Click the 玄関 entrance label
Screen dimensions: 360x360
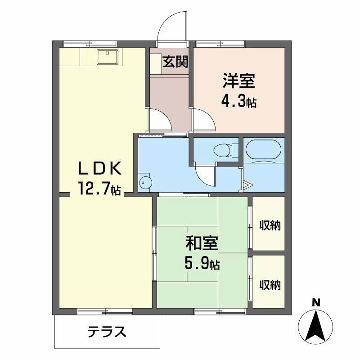(x=175, y=61)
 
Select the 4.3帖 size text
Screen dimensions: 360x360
(x=239, y=100)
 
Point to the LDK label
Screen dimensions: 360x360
(x=99, y=170)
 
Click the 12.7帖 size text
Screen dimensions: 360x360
(x=99, y=188)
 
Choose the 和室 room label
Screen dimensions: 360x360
(x=202, y=244)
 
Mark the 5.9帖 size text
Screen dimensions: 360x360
(x=202, y=264)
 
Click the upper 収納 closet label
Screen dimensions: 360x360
(x=270, y=226)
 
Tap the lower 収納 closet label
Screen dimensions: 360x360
(x=270, y=285)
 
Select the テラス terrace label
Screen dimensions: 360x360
(x=107, y=332)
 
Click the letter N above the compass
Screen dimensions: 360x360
(x=316, y=303)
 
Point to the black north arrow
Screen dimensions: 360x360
(x=316, y=324)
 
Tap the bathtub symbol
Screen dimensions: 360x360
(x=263, y=151)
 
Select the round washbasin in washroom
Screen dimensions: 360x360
(x=145, y=182)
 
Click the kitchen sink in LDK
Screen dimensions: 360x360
(x=107, y=57)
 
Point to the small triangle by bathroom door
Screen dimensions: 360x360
(x=248, y=185)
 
